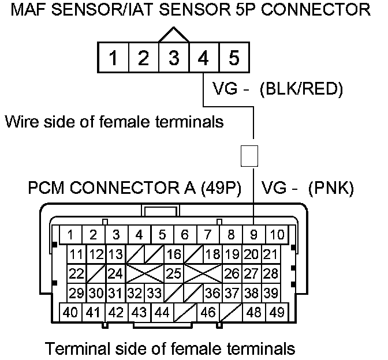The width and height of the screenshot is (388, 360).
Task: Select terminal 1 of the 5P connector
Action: pyautogui.click(x=115, y=58)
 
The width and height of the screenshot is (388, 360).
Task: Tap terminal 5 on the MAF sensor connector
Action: pyautogui.click(x=234, y=58)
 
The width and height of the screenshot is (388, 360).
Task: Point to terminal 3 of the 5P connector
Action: pyautogui.click(x=174, y=58)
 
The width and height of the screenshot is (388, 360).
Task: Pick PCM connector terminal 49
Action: pyautogui.click(x=277, y=313)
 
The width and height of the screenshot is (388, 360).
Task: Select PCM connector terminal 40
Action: pyautogui.click(x=70, y=313)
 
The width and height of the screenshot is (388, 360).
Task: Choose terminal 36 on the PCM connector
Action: pyautogui.click(x=212, y=293)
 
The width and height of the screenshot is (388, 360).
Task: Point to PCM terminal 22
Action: pyautogui.click(x=76, y=273)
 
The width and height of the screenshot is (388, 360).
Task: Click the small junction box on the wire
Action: pyautogui.click(x=249, y=156)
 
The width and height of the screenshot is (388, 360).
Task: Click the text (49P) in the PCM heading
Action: pyautogui.click(x=221, y=187)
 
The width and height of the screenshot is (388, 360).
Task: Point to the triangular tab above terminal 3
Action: pyautogui.click(x=174, y=35)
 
